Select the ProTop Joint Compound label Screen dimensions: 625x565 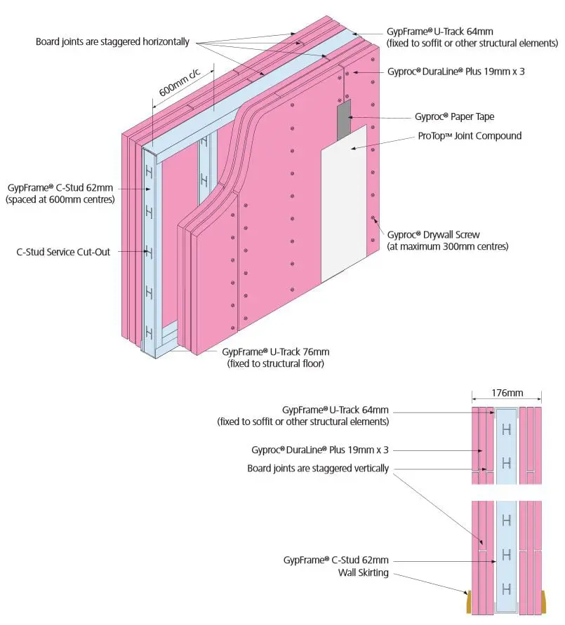point(478,135)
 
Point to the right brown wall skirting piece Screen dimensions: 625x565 point(544,600)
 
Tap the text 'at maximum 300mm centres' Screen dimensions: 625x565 point(448,246)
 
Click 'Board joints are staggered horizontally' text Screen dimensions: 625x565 point(112,42)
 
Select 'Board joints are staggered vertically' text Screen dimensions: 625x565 point(318,469)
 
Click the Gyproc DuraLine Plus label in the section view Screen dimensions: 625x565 point(319,450)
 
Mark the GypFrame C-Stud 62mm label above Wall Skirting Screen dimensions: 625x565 point(335,560)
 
